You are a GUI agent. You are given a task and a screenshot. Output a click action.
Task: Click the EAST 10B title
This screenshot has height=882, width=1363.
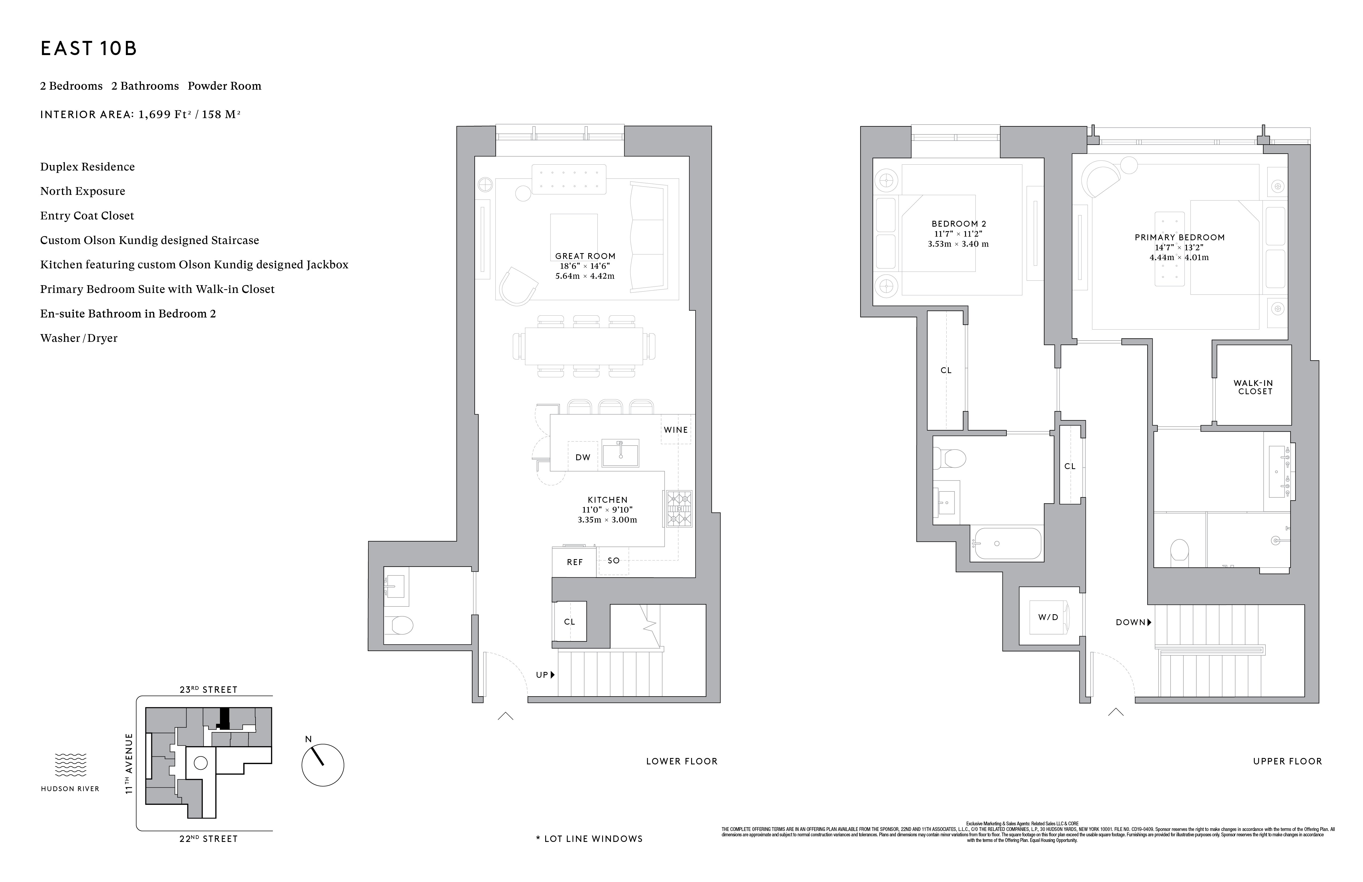coord(89,49)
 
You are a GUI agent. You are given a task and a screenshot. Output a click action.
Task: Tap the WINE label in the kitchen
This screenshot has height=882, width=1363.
coord(676,430)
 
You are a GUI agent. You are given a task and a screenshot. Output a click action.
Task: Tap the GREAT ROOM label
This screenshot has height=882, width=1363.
coord(585,256)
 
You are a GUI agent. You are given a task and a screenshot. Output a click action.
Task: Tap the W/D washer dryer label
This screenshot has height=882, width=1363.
coord(1048,617)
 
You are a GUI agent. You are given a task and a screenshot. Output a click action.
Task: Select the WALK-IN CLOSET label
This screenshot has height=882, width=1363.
coord(1253,387)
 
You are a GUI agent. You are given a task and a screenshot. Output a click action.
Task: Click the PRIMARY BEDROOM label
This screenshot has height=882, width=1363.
coord(1179,237)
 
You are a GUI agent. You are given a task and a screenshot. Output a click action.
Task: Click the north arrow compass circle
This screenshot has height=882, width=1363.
coord(322,765)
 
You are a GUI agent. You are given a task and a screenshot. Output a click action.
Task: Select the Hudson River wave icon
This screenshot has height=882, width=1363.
coord(71,765)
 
